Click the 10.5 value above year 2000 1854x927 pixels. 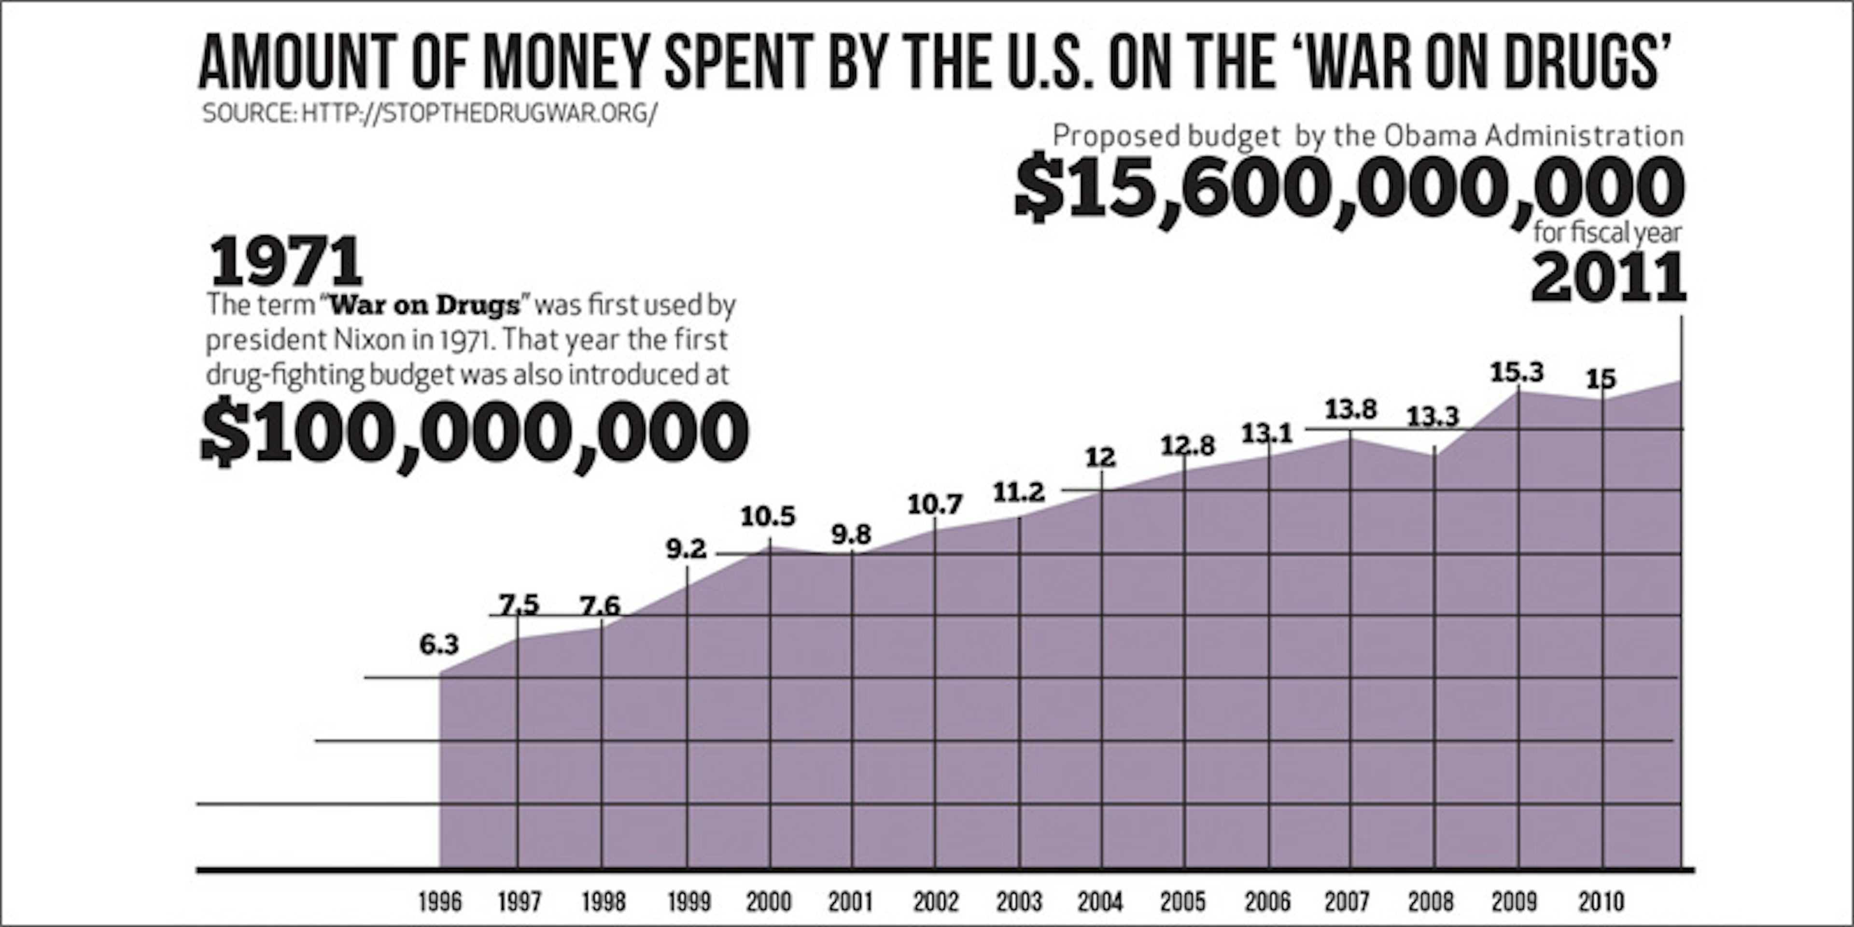tap(768, 516)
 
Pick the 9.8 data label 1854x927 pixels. tap(851, 535)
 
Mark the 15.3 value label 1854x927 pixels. tap(1517, 372)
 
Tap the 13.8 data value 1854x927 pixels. tap(1351, 409)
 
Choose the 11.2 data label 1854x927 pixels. tap(1018, 492)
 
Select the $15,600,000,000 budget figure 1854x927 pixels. tap(1349, 187)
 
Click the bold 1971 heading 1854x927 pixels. tap(286, 262)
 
